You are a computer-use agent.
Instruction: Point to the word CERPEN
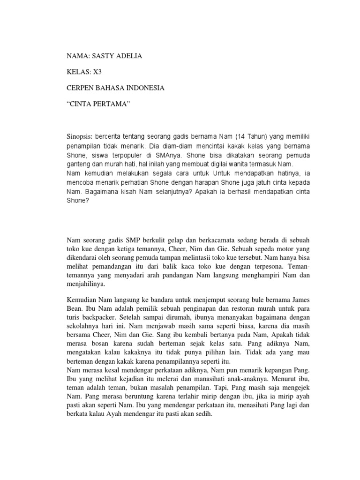81,88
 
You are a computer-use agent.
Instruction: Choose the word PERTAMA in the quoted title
111,104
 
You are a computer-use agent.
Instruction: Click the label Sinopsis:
80,136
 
